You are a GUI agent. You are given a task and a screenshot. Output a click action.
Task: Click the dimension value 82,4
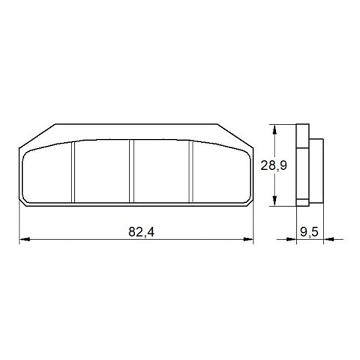pyautogui.click(x=141, y=233)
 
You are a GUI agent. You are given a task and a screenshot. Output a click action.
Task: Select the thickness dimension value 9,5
pyautogui.click(x=309, y=233)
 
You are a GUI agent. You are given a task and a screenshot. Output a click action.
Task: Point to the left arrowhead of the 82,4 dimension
pyautogui.click(x=24, y=240)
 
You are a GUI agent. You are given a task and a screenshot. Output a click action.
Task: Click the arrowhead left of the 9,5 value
pyautogui.click(x=291, y=240)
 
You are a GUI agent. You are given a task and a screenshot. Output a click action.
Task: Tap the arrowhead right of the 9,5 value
pyautogui.click(x=327, y=240)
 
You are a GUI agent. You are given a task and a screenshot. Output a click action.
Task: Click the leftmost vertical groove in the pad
pyautogui.click(x=73, y=172)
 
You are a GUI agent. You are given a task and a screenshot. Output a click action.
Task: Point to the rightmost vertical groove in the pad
pyautogui.click(x=190, y=172)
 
